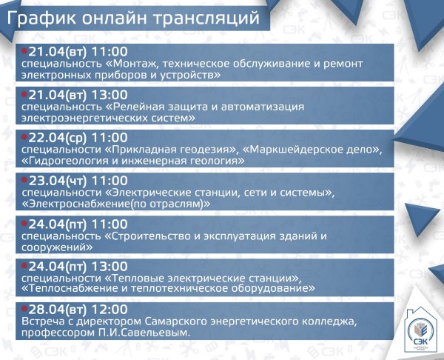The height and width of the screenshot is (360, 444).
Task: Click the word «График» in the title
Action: point(41,18)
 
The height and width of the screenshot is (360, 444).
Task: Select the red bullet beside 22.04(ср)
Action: point(24,137)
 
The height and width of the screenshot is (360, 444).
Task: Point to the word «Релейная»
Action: point(135,107)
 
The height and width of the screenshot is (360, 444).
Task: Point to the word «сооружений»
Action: point(57,247)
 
